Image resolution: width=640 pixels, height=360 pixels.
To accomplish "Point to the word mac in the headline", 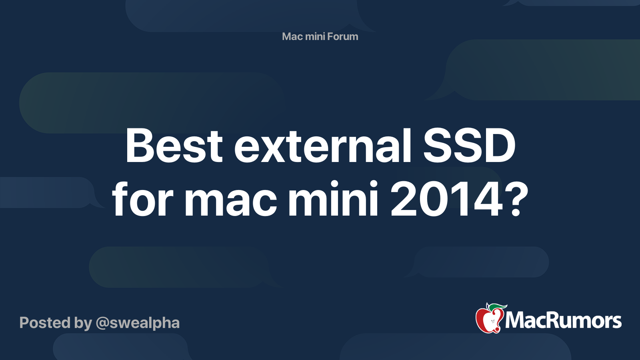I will (x=230, y=199).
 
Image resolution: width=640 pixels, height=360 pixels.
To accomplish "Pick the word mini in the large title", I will (x=333, y=199).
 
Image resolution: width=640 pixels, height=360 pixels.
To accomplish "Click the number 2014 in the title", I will (x=446, y=199).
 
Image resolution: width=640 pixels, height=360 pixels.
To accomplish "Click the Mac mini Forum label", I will (x=320, y=36).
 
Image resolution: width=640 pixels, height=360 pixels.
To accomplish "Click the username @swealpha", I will (x=138, y=323).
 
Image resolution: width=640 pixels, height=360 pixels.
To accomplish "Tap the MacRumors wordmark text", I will (x=563, y=320).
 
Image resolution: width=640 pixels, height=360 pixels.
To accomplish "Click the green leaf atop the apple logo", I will (x=497, y=307).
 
